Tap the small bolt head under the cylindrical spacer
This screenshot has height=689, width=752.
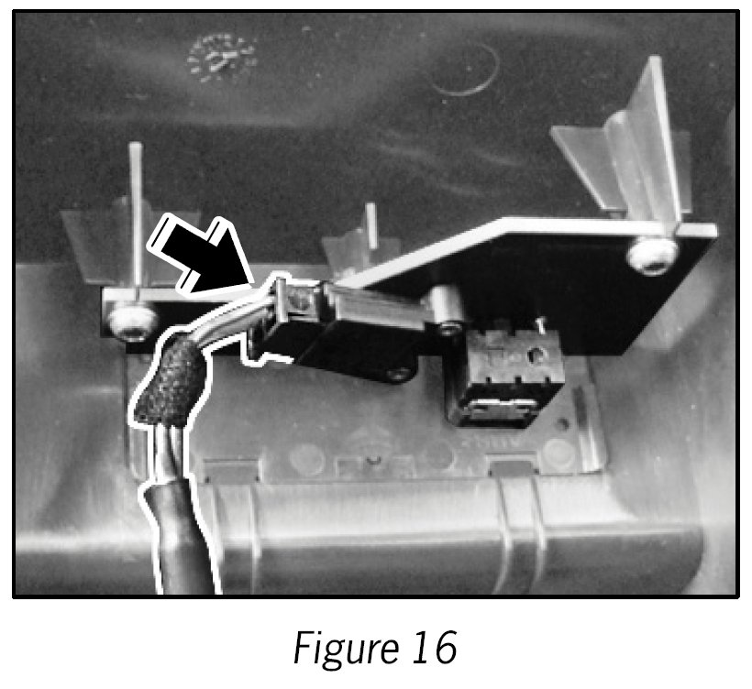point(448,326)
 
